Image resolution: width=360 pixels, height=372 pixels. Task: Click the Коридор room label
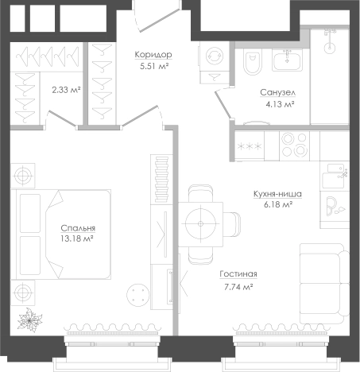coord(153,55)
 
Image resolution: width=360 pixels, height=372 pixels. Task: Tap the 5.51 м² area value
coord(154,66)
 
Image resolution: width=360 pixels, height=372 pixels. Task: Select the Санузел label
coord(278,93)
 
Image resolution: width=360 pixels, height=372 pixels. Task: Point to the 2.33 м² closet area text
coord(66,90)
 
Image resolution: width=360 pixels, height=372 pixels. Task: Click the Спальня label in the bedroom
coord(78,228)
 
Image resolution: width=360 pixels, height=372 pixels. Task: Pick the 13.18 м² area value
coord(76,239)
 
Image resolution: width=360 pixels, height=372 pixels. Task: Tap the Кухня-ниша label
coord(277,194)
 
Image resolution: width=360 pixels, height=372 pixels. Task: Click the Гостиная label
coord(238,274)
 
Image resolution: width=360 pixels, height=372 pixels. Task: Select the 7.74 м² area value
coord(238,287)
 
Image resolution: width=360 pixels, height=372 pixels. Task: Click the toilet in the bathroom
coord(252,61)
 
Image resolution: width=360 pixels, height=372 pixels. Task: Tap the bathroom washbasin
coord(287,60)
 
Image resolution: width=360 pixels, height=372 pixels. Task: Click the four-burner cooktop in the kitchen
coord(294,145)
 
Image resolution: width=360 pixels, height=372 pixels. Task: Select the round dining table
coord(200,224)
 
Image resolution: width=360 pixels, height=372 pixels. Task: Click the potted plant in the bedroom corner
coord(29,320)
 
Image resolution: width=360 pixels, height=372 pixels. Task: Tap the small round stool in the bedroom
coord(137,295)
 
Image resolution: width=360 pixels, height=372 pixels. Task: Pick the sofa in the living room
coord(324,284)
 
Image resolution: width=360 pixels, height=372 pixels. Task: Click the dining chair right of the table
coord(232,224)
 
